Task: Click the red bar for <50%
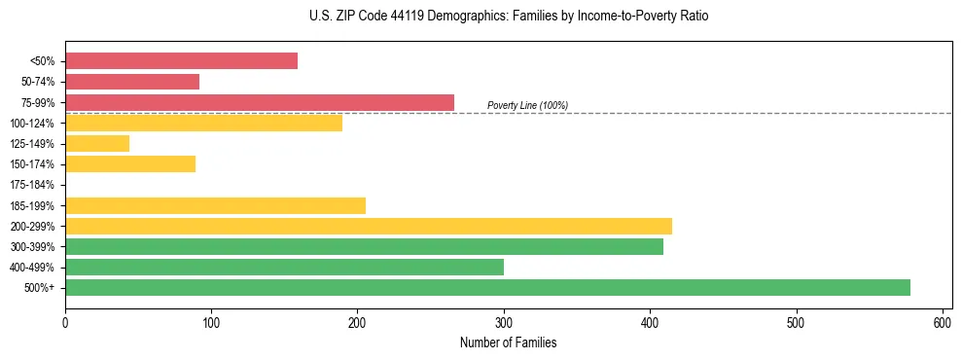tap(181, 61)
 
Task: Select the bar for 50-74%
tap(132, 82)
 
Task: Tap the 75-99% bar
tap(260, 102)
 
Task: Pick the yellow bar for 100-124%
tap(203, 123)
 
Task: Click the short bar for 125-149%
tap(97, 143)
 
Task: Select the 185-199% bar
tap(215, 205)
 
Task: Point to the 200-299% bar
tap(369, 226)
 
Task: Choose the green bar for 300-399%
tap(364, 246)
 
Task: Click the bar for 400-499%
tap(284, 267)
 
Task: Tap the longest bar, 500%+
tap(487, 287)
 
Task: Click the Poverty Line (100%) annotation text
tap(527, 105)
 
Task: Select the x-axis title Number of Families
tap(508, 342)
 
